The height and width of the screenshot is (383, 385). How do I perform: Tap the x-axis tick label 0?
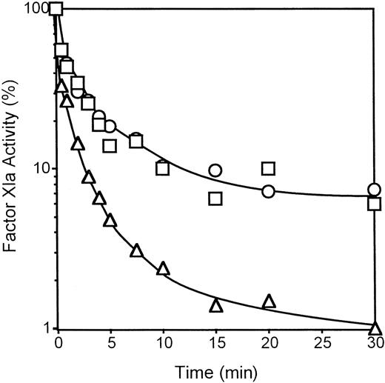pyautogui.click(x=58, y=344)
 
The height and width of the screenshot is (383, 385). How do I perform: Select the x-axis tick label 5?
pyautogui.click(x=110, y=344)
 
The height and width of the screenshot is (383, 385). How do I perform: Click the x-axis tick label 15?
pyautogui.click(x=215, y=344)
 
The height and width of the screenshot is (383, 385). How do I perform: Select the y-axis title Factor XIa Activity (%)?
pyautogui.click(x=13, y=168)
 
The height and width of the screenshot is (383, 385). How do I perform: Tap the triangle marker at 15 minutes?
pyautogui.click(x=216, y=305)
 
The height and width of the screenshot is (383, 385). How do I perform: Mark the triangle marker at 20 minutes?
pyautogui.click(x=269, y=301)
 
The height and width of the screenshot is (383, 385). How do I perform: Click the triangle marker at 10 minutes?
pyautogui.click(x=164, y=267)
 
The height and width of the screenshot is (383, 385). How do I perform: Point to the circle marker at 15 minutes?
pyautogui.click(x=215, y=170)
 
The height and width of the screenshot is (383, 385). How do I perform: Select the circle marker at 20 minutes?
pyautogui.click(x=269, y=191)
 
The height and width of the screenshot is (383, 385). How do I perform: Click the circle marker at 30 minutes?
pyautogui.click(x=375, y=190)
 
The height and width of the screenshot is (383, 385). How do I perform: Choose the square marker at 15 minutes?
pyautogui.click(x=215, y=199)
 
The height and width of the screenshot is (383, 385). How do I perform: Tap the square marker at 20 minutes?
pyautogui.click(x=269, y=168)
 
